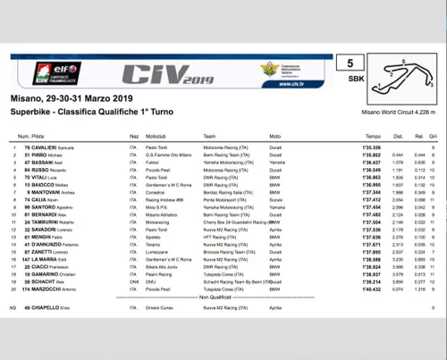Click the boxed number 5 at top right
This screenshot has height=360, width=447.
[350, 63]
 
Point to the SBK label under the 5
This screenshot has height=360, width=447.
[350, 78]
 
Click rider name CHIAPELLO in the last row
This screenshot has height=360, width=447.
[50, 308]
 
